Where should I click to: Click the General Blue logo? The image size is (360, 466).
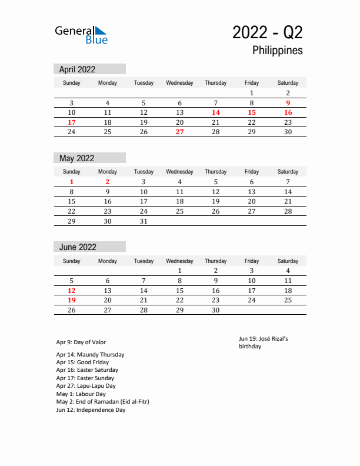click(x=81, y=34)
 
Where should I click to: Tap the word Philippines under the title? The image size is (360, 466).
click(x=278, y=51)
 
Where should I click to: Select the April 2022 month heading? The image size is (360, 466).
click(x=77, y=69)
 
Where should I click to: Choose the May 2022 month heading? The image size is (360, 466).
click(x=76, y=158)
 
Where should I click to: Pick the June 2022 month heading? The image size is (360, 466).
click(x=78, y=247)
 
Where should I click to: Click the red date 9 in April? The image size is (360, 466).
click(x=288, y=103)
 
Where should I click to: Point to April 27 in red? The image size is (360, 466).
click(x=179, y=132)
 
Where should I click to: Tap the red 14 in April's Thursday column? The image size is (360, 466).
click(x=215, y=112)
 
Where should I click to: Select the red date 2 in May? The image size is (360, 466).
click(x=107, y=182)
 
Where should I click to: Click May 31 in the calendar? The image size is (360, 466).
click(x=144, y=221)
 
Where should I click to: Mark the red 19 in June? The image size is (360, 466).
click(x=71, y=301)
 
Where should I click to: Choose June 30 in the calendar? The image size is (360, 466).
click(x=215, y=310)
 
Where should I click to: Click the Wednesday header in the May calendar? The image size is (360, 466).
click(x=179, y=172)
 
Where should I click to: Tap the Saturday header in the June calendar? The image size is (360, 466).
click(x=288, y=261)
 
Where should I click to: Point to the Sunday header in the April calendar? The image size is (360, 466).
click(x=71, y=83)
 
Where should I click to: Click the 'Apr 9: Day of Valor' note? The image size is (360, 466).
click(x=81, y=342)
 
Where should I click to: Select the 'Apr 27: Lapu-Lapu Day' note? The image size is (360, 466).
click(x=86, y=386)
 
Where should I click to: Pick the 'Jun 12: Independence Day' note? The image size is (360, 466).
click(x=91, y=410)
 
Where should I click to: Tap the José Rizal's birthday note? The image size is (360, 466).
click(x=264, y=342)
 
